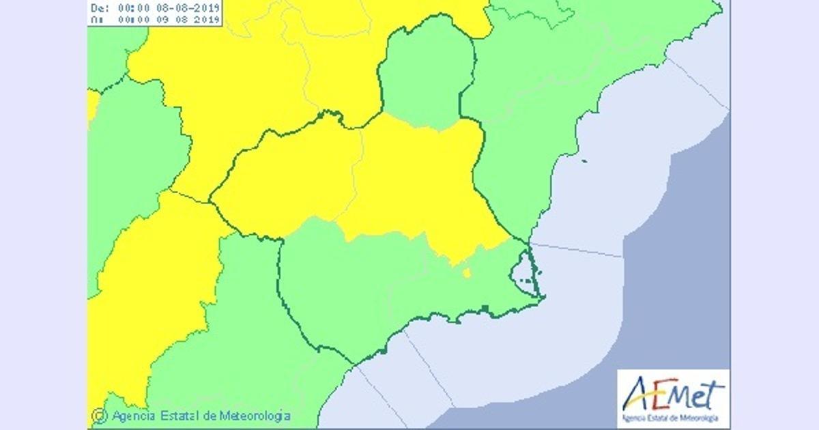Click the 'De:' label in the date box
click(99, 8)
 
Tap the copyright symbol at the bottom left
click(100, 415)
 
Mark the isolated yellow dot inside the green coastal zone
click(467, 274)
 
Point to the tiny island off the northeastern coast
click(584, 162)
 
